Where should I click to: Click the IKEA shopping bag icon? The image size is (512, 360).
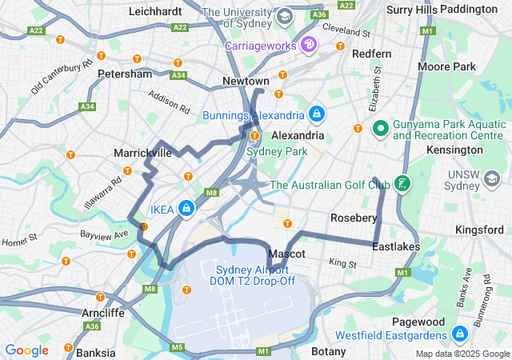coord(186,209)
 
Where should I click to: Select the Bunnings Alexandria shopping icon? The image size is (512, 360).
coord(318,114)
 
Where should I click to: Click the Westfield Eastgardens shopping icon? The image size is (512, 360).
coord(459,334)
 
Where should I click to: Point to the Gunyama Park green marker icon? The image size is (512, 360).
coord(380,128)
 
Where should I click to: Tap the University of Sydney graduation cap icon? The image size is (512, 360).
coord(284,16)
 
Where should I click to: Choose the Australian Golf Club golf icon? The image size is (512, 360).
coord(403,185)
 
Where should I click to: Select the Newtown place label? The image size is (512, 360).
coord(246,82)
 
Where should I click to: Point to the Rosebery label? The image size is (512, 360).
coord(354,218)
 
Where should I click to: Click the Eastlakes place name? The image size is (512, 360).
coord(396,247)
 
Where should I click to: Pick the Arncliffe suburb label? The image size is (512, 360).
coord(103,312)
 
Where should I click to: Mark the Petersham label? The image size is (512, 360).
coord(124,74)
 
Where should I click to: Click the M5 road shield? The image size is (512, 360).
coord(176,347)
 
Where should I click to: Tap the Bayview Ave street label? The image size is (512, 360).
coord(104,234)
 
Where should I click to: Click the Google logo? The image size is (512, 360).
coord(26,350)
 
